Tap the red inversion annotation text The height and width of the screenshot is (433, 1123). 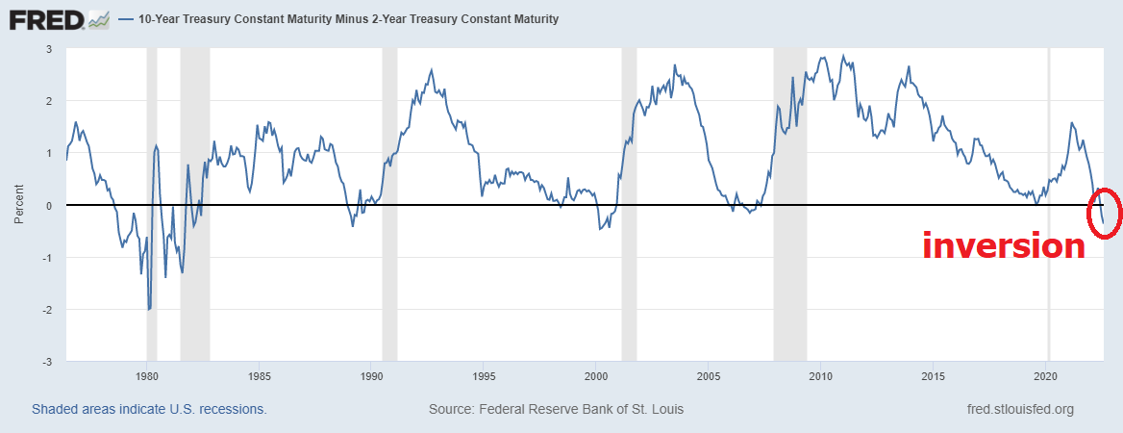[1003, 245]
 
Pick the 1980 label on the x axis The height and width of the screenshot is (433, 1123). [146, 374]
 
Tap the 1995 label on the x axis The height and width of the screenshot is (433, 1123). [484, 374]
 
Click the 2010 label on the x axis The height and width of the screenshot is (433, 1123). [820, 374]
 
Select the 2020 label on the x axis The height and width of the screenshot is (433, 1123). [1046, 374]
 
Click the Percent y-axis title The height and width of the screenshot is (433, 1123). [19, 205]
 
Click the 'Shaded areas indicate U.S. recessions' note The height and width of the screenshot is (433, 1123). [149, 409]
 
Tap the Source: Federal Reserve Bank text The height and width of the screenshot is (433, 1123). [556, 409]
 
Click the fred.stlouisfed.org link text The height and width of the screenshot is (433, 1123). [1019, 409]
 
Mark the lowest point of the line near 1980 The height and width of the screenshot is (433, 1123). [149, 309]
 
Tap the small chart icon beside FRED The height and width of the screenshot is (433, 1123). [98, 18]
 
